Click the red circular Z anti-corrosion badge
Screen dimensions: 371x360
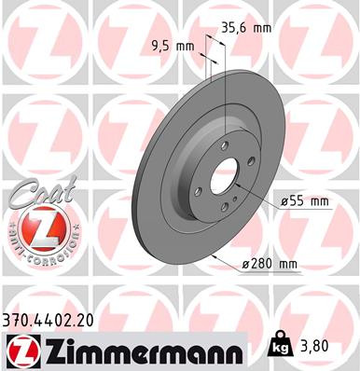[34, 229]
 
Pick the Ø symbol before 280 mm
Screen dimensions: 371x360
[245, 265]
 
